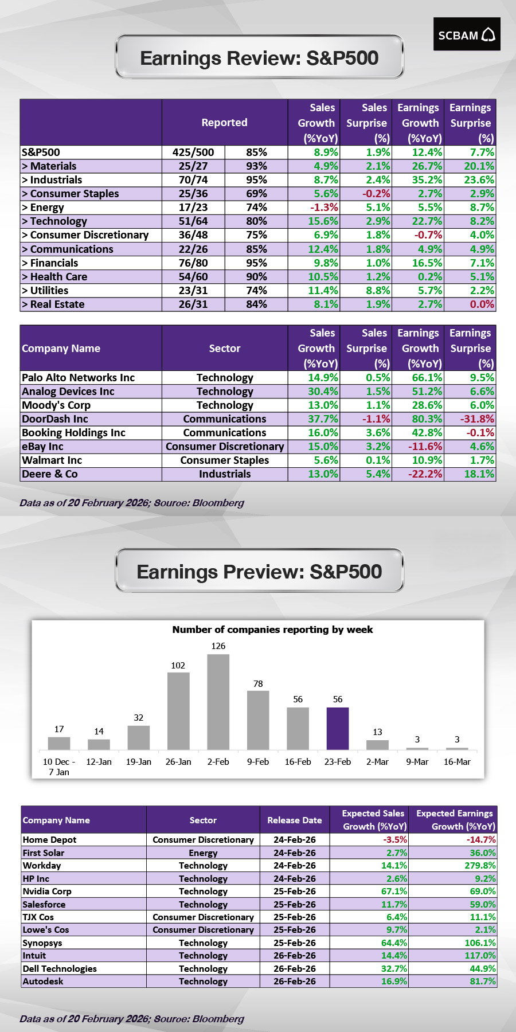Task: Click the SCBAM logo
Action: [467, 34]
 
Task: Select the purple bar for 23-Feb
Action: [338, 728]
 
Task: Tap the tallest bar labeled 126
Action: [218, 701]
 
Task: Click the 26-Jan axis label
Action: [178, 762]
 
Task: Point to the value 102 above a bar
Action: [178, 666]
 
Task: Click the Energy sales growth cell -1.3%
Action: [324, 208]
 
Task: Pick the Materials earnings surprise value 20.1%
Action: [479, 166]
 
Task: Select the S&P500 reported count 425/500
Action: [193, 153]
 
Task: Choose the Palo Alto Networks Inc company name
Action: [78, 378]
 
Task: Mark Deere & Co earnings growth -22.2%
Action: [426, 474]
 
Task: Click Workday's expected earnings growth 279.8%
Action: [480, 866]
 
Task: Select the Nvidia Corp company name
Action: [47, 892]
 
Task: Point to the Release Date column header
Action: [294, 820]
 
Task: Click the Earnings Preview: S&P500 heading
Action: [259, 572]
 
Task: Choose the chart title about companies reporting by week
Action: [272, 630]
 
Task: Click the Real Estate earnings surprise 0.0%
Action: [482, 304]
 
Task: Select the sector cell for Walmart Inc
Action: [225, 460]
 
